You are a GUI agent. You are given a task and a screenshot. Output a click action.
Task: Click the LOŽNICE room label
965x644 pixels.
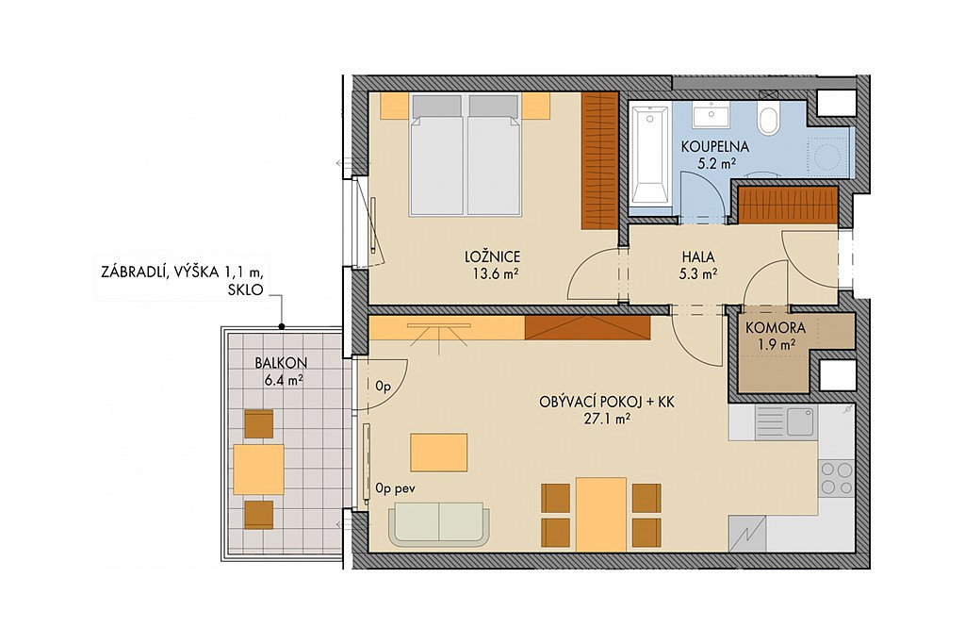(x=492, y=256)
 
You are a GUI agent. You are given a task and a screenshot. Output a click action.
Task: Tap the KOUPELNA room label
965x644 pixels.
(x=714, y=146)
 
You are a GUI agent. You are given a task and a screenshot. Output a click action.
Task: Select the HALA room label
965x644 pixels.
(x=698, y=256)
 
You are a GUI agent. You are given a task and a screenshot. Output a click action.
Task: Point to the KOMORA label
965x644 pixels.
(x=775, y=328)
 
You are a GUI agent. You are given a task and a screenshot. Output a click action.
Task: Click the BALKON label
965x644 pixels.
(x=281, y=363)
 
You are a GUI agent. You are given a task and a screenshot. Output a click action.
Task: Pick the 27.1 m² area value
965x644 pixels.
(x=606, y=420)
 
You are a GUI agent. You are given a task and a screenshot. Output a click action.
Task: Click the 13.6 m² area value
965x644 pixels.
(x=494, y=274)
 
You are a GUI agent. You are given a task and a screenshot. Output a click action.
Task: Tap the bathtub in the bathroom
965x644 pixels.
(x=650, y=156)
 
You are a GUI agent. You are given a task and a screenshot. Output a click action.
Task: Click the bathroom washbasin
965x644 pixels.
(x=711, y=114)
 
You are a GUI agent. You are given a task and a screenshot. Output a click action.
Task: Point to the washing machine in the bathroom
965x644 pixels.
(x=827, y=154)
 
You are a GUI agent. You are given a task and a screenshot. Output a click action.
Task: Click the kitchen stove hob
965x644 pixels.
(x=837, y=478)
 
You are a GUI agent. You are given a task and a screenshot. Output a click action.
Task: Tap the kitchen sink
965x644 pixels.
(x=799, y=421)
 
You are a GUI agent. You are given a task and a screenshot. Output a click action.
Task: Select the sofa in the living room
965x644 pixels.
(x=439, y=524)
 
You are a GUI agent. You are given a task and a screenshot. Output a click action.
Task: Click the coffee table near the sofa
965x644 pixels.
(x=439, y=453)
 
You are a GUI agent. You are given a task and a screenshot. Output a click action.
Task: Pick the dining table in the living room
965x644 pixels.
(x=601, y=515)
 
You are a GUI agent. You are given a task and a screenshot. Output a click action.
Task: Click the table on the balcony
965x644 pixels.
(x=258, y=470)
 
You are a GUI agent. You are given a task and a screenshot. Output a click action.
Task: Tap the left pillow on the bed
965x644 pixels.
(x=436, y=106)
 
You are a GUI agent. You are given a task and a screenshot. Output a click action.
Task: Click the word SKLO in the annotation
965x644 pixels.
(x=245, y=289)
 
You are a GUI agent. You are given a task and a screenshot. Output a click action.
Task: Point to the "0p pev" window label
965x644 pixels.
(x=395, y=488)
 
